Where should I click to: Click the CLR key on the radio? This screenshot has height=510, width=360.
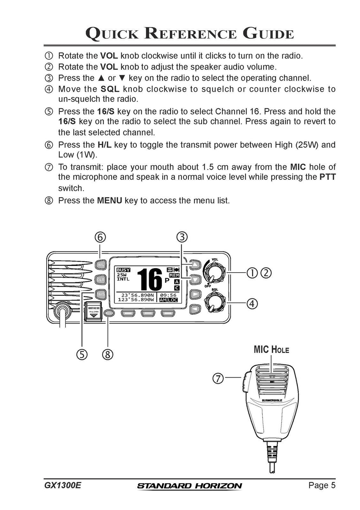101,279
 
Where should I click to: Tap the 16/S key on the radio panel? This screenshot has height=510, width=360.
101,294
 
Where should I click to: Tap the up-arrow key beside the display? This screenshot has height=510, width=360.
195,264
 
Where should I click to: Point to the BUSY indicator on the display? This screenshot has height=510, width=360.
123,270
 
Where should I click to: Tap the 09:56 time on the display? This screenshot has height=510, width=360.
168,295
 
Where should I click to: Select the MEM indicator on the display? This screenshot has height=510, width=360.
174,275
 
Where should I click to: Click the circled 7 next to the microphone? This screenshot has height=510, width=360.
218,378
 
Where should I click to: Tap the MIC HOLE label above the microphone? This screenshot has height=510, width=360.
271,349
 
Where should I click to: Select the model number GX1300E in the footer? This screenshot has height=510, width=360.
63,485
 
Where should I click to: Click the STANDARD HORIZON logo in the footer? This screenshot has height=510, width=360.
189,486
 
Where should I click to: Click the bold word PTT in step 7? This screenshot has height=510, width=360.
327,177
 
